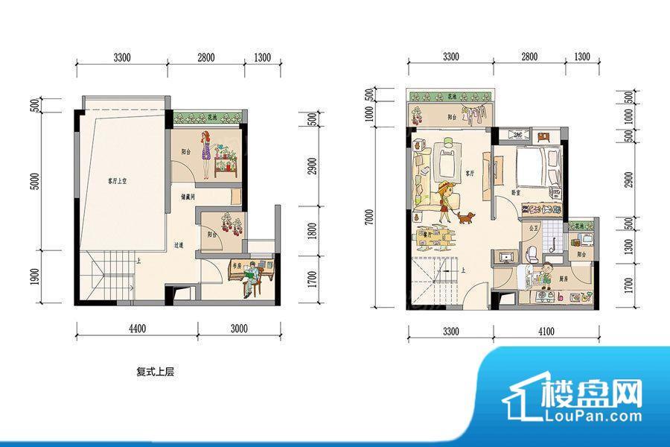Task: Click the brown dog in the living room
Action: point(467,218)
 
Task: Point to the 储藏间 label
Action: point(187,198)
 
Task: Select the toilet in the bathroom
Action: point(531,255)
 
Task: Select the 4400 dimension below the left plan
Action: point(135,329)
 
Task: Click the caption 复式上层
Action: point(155,370)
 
